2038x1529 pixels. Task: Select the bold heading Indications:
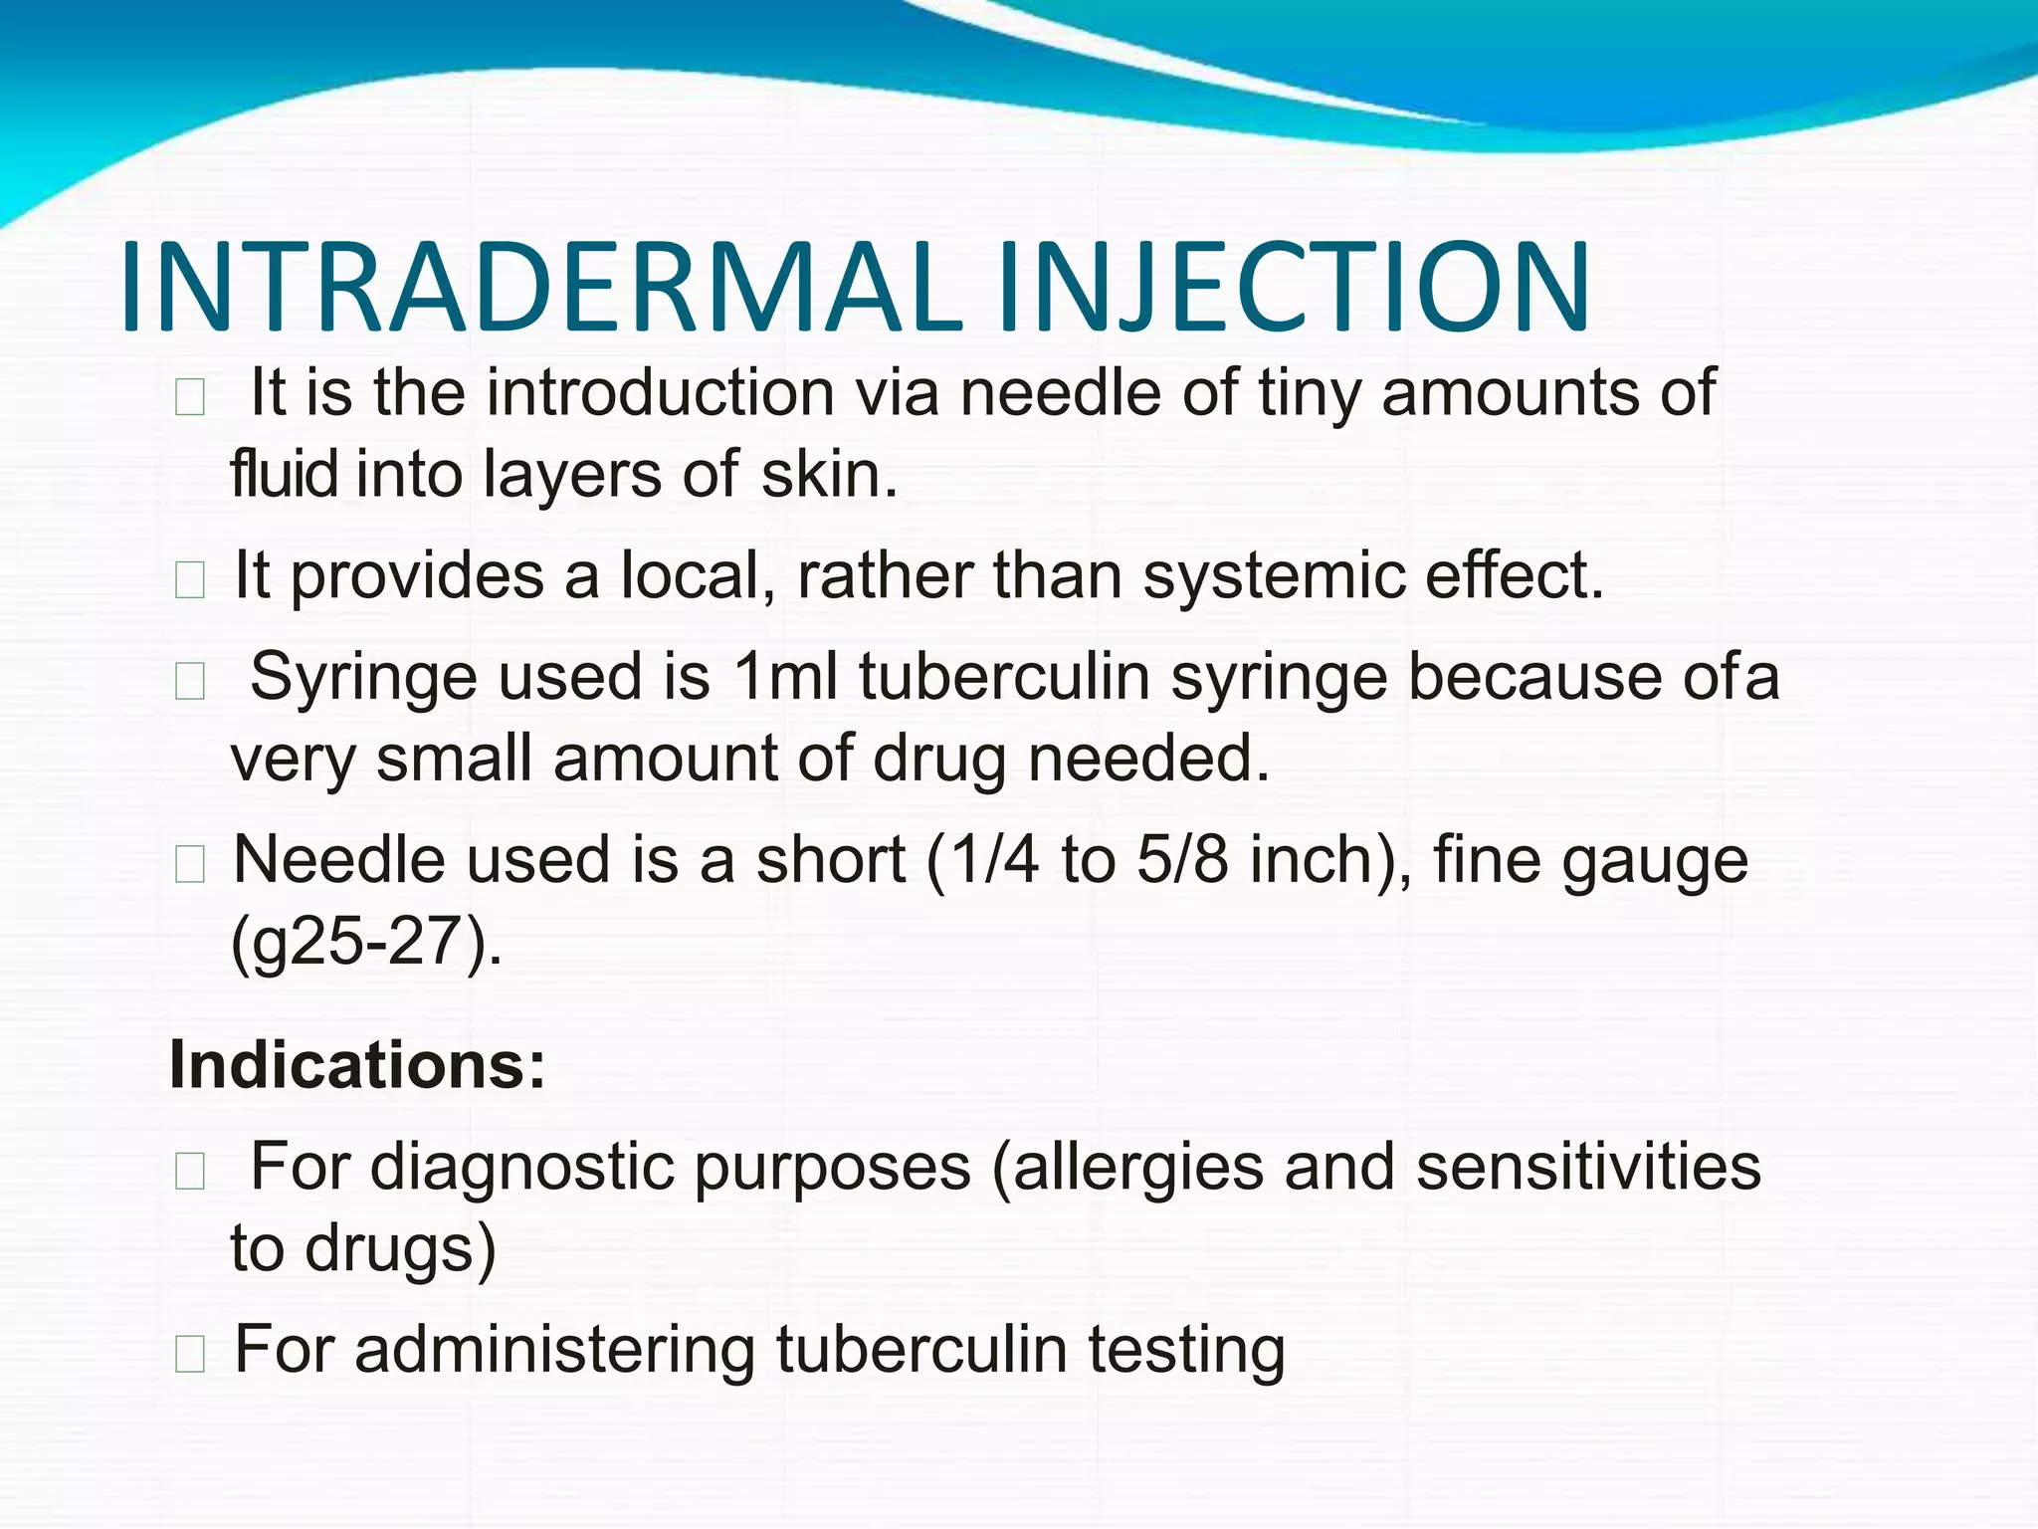click(357, 1065)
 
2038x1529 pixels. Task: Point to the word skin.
click(829, 474)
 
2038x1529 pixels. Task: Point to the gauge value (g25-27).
click(366, 943)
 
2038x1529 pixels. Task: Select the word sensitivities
click(1588, 1167)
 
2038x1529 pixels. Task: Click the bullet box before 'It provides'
click(189, 580)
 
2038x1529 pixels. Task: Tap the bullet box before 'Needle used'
click(189, 864)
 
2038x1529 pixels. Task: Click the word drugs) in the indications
click(400, 1249)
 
